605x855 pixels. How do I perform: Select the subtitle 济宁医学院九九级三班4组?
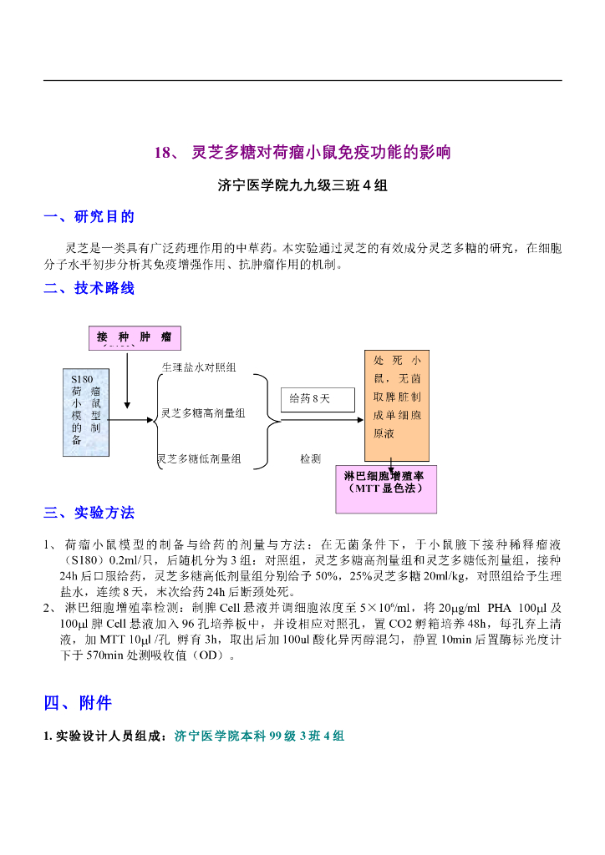tap(302, 185)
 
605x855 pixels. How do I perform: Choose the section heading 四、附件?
tap(78, 703)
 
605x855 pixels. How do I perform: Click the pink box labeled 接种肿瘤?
tap(135, 337)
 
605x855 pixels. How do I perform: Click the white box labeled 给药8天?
tap(310, 398)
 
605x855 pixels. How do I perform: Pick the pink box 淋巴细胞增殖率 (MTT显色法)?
tap(385, 488)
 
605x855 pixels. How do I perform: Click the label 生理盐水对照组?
tap(198, 367)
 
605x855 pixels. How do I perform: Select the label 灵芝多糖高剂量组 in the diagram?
tap(203, 413)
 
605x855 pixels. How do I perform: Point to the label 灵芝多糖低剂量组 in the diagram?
tap(200, 458)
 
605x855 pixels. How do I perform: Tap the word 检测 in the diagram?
tap(310, 458)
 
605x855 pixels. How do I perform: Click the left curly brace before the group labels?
tap(155, 420)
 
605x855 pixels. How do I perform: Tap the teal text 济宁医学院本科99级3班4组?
tap(259, 736)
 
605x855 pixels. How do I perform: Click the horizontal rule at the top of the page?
tap(302, 80)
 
